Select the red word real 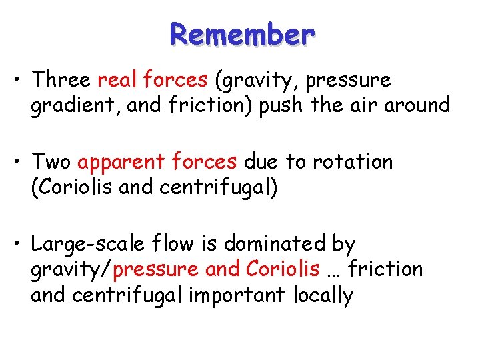coord(117,80)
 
